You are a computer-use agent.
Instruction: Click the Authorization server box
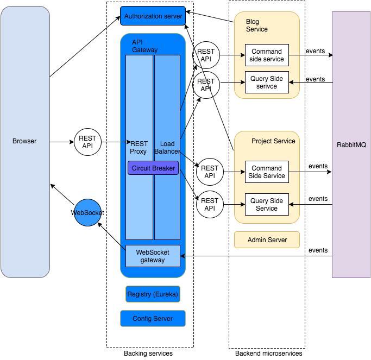[x=153, y=16]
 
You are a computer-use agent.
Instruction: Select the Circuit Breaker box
[x=153, y=168]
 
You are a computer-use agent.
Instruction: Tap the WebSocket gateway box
[x=153, y=256]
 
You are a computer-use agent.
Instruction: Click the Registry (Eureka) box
[x=153, y=294]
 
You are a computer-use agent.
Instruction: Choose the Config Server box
[x=153, y=319]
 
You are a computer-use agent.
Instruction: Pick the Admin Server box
[x=267, y=240]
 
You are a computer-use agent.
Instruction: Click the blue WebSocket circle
[x=87, y=213]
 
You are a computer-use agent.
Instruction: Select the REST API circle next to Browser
[x=87, y=143]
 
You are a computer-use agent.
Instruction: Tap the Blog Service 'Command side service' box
[x=267, y=55]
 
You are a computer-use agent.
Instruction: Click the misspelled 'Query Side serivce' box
[x=267, y=83]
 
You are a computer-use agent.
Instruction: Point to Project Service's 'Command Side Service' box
[x=267, y=172]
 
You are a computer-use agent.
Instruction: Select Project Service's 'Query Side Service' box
[x=267, y=205]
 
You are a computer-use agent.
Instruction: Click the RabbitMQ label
[x=351, y=145]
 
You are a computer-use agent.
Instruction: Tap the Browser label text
[x=24, y=141]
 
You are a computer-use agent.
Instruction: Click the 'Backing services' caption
[x=148, y=353]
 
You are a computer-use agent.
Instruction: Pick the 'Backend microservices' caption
[x=268, y=353]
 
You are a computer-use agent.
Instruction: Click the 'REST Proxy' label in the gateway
[x=139, y=147]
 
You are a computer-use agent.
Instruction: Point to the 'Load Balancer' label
[x=167, y=147]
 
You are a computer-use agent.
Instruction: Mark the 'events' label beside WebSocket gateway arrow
[x=318, y=250]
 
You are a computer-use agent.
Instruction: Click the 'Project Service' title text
[x=273, y=141]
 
